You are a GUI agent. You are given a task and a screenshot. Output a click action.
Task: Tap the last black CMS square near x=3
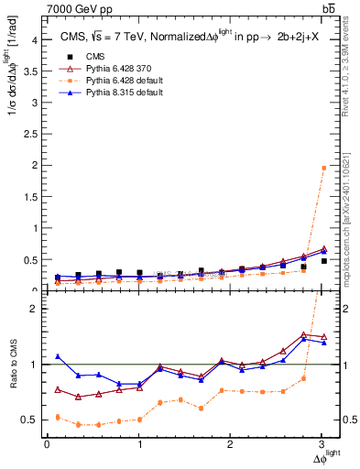click(323, 261)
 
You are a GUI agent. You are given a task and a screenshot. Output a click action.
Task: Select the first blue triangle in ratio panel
click(58, 356)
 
